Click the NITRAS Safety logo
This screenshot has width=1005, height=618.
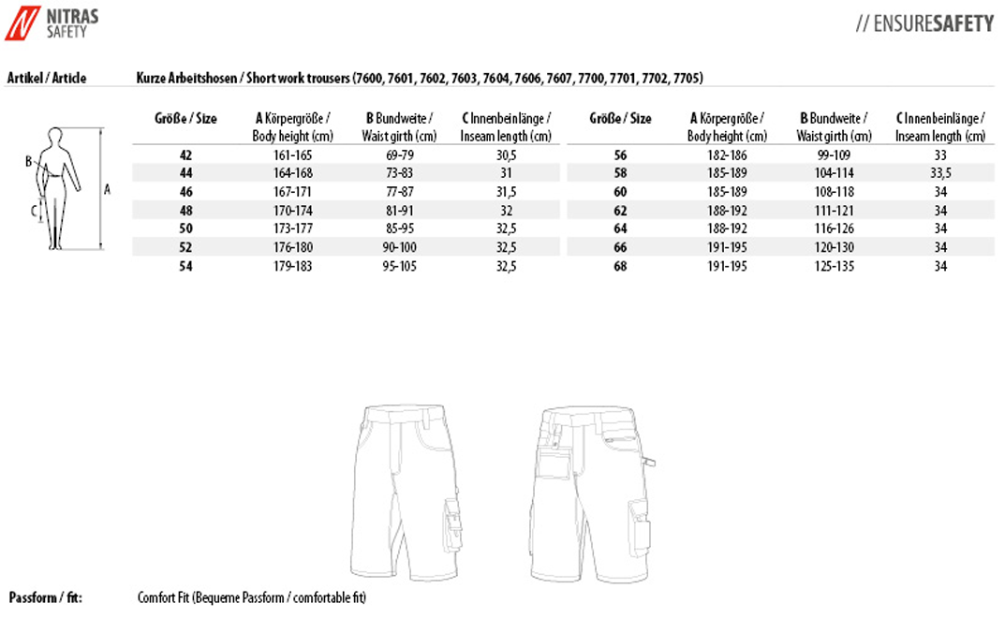pyautogui.click(x=52, y=22)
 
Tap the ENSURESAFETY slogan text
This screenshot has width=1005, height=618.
pyautogui.click(x=924, y=24)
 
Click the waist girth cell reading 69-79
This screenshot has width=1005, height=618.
pyautogui.click(x=400, y=154)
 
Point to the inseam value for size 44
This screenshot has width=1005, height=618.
pyautogui.click(x=506, y=173)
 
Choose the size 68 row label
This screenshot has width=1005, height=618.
pyautogui.click(x=620, y=266)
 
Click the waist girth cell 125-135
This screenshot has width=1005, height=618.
pyautogui.click(x=834, y=266)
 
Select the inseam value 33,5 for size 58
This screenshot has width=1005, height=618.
pyautogui.click(x=940, y=173)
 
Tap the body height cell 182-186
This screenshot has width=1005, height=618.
pyautogui.click(x=727, y=154)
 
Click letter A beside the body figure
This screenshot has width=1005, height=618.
pyautogui.click(x=108, y=189)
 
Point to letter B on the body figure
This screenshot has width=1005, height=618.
pyautogui.click(x=29, y=160)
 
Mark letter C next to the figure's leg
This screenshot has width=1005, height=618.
pyautogui.click(x=33, y=211)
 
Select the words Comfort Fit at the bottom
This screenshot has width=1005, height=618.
pyautogui.click(x=163, y=597)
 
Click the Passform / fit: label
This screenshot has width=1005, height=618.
pyautogui.click(x=43, y=597)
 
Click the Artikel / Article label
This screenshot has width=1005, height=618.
pyautogui.click(x=47, y=78)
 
